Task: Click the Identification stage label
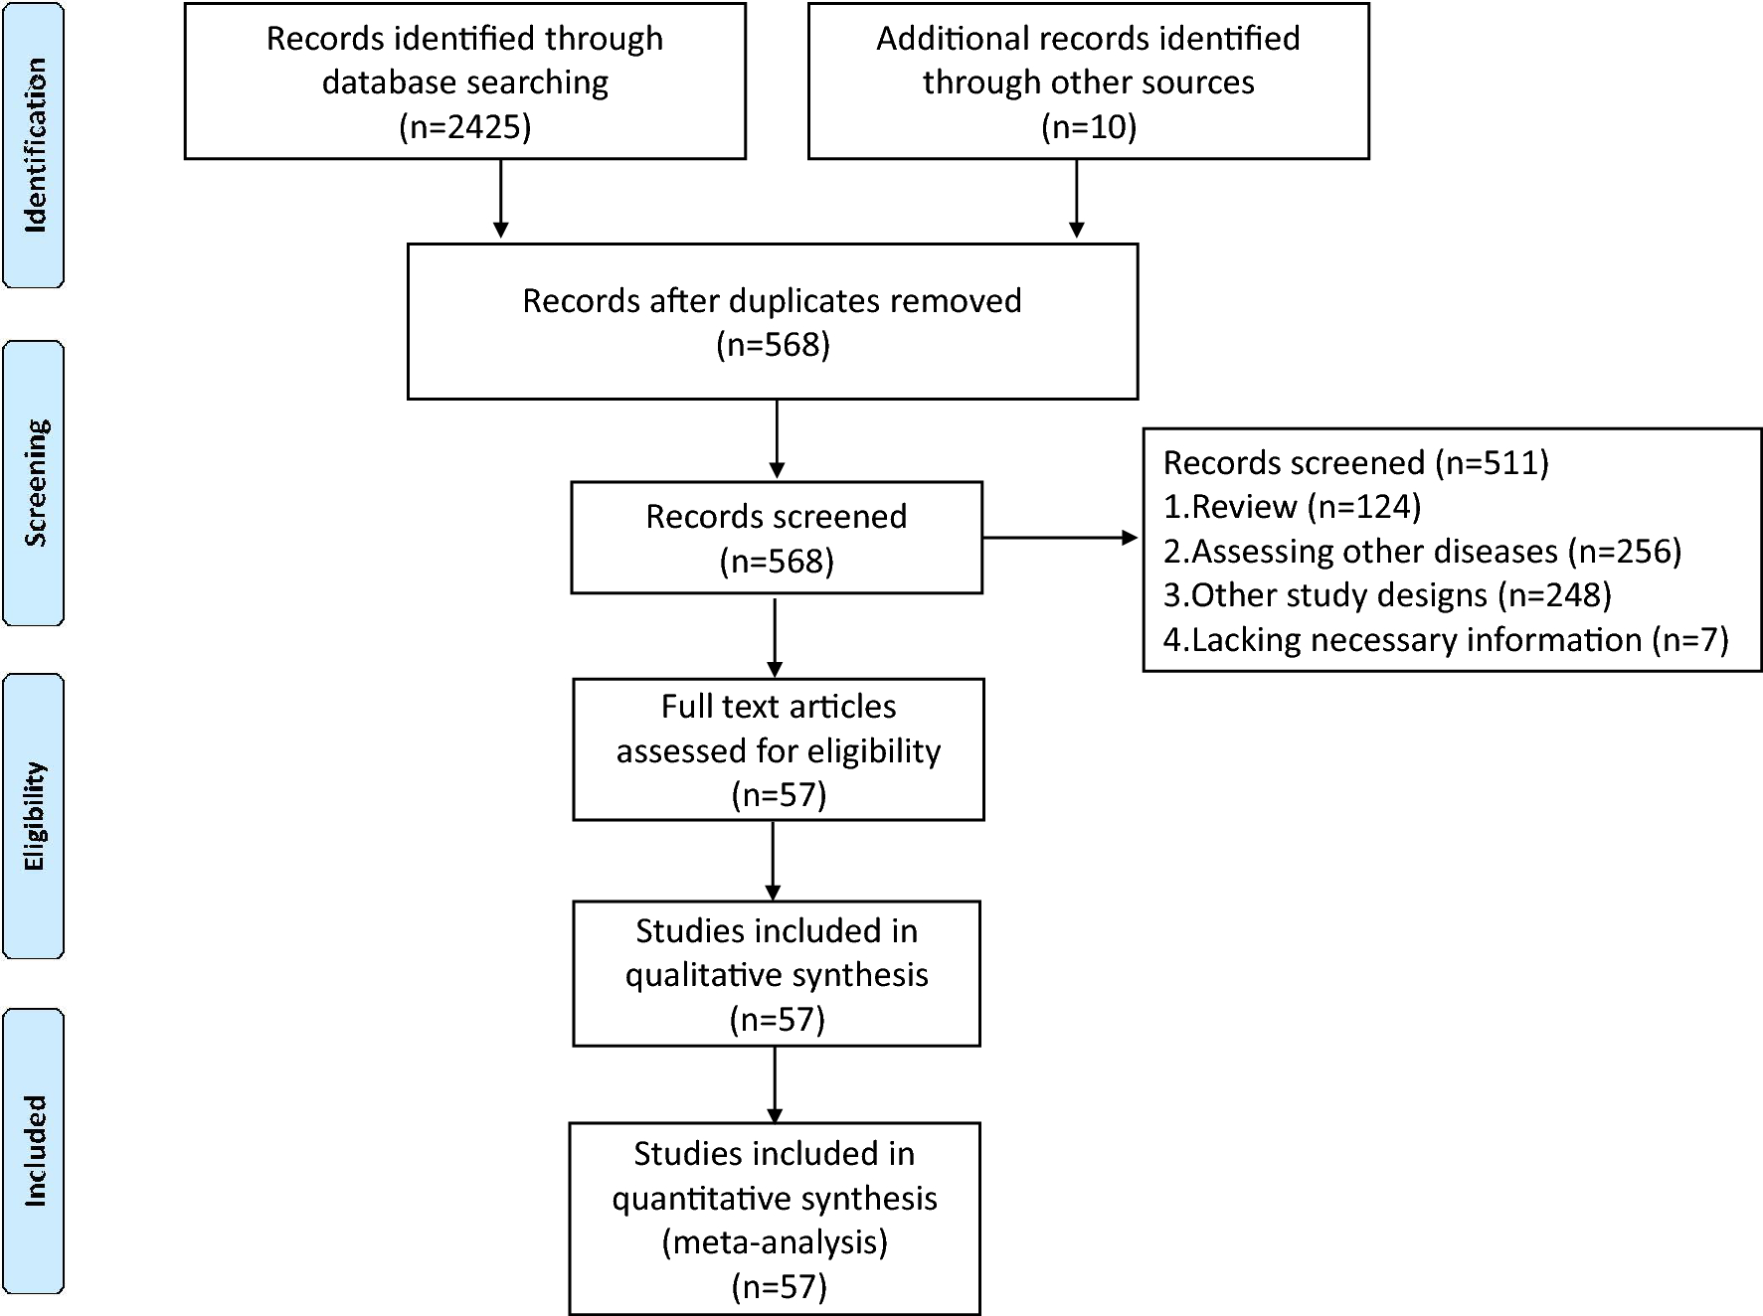click(x=35, y=145)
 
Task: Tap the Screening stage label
click(x=35, y=483)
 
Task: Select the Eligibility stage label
click(x=35, y=816)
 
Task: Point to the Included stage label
click(x=35, y=1151)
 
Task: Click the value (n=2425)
click(x=464, y=126)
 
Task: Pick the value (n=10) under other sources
click(x=1088, y=126)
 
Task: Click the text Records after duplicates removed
click(x=772, y=301)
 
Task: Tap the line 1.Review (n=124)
click(x=1292, y=507)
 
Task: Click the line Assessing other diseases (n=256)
click(x=1422, y=551)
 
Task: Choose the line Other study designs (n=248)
click(x=1387, y=594)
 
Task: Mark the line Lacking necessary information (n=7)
click(x=1445, y=639)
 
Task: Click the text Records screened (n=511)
click(x=1355, y=463)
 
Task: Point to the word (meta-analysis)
click(x=775, y=1242)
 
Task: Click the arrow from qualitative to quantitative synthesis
click(x=775, y=1083)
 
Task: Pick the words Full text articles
click(x=778, y=707)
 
